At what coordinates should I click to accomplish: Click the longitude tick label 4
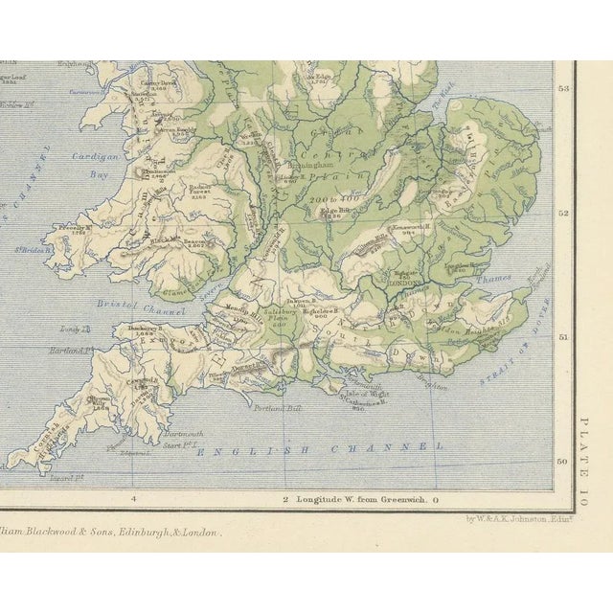tap(134, 499)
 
